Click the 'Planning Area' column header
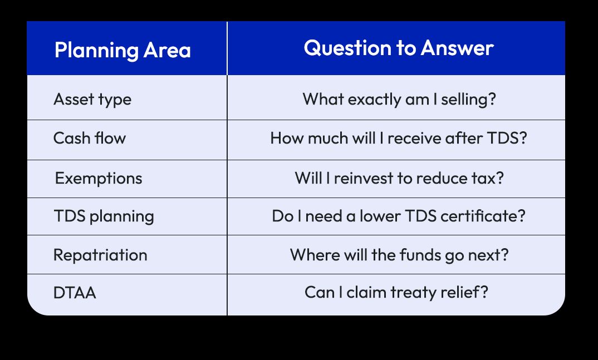pos(122,50)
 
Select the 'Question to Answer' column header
pos(399,48)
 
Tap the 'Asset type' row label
pos(92,100)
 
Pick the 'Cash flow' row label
pos(90,138)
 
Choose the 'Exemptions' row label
pos(99,178)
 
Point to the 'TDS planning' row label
pos(104,216)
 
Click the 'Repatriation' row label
pos(100,255)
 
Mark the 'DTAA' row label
pos(75,293)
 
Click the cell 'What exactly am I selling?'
pos(399,100)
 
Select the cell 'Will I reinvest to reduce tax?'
pos(399,178)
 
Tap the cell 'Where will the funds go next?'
pos(399,255)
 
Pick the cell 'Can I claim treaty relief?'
pos(396,292)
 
